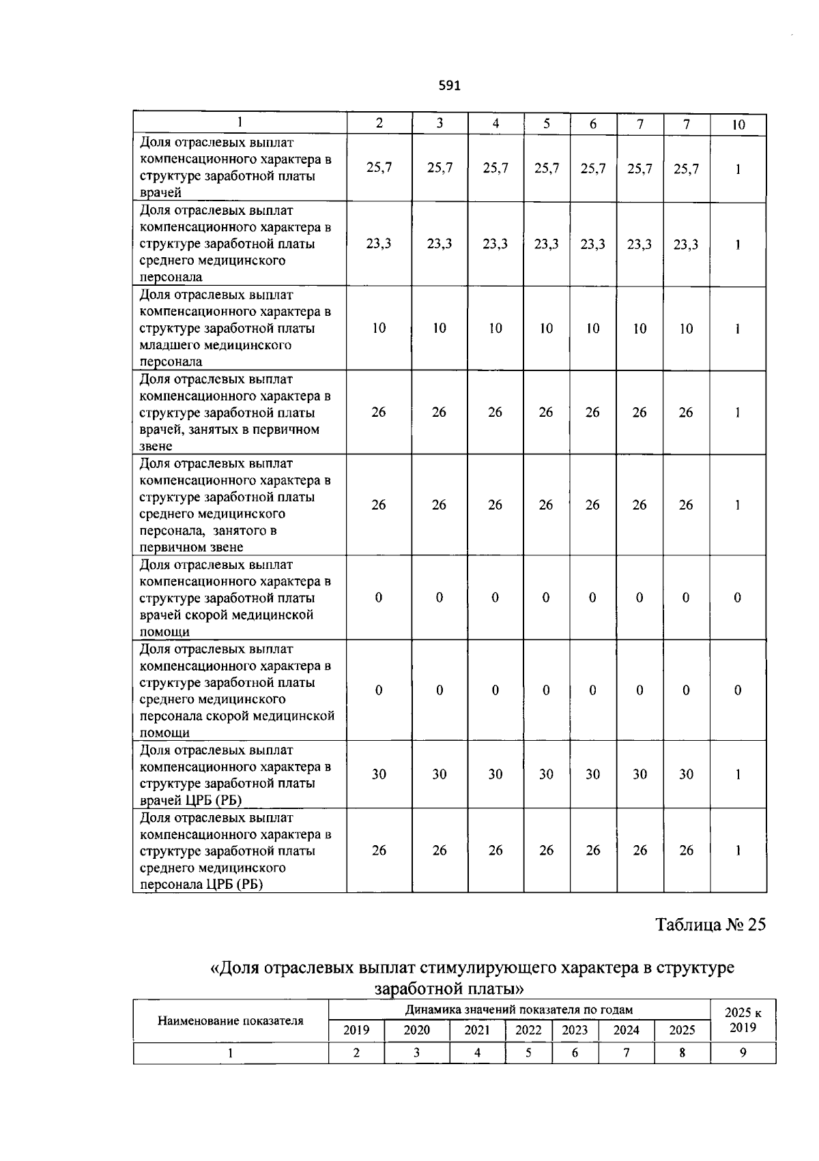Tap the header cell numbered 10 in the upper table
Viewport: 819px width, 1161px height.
pos(738,124)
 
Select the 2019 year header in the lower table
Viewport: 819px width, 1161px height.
pos(356,1030)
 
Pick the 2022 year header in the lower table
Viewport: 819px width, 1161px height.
pos(528,1030)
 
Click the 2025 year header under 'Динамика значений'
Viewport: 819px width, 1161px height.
pos(682,1030)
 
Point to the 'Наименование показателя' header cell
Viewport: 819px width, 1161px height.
pos(231,1020)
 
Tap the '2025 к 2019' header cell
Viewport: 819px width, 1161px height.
pos(743,1020)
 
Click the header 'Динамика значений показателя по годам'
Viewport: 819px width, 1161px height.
pos(519,1010)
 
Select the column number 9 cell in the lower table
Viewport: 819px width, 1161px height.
pos(743,1053)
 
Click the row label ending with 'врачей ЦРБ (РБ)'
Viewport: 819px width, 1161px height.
pos(237,775)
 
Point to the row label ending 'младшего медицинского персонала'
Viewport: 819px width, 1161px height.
pos(237,328)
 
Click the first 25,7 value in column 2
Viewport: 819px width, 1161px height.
pos(379,168)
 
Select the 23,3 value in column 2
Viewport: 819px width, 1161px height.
pos(379,244)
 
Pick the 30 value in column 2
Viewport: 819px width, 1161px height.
pos(379,774)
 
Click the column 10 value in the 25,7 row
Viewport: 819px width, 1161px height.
pos(738,168)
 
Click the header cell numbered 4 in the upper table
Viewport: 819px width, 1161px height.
pos(495,123)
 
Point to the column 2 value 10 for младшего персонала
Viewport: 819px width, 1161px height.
pos(379,328)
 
